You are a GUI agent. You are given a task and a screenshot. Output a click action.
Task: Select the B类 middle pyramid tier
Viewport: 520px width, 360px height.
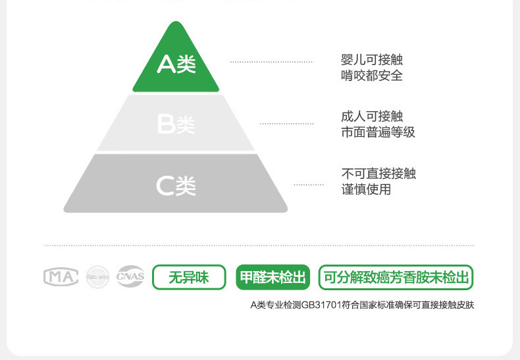pyautogui.click(x=176, y=124)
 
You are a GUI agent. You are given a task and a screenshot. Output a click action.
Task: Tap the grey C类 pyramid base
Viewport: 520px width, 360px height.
pyautogui.click(x=176, y=185)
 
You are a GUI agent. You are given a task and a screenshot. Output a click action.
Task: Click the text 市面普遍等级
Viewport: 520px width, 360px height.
pyautogui.click(x=378, y=132)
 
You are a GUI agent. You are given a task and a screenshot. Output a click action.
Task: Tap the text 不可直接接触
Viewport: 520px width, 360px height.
pyautogui.click(x=378, y=174)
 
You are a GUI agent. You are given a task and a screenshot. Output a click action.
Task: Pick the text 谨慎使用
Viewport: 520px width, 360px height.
pyautogui.click(x=366, y=190)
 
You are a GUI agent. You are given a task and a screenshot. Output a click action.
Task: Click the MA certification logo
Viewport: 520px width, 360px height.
pyautogui.click(x=61, y=277)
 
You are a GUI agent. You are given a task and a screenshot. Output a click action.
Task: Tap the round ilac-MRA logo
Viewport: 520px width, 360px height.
pyautogui.click(x=97, y=277)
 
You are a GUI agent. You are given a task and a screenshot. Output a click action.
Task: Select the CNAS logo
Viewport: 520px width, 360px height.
pyautogui.click(x=130, y=277)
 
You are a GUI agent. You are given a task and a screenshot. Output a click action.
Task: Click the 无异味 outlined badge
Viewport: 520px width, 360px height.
pyautogui.click(x=189, y=278)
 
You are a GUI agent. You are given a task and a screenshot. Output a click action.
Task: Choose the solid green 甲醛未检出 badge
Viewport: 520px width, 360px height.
pyautogui.click(x=273, y=278)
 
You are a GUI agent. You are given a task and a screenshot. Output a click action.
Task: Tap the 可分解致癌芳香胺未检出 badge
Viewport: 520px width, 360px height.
pyautogui.click(x=396, y=278)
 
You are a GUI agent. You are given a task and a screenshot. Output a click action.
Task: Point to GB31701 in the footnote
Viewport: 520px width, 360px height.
pyautogui.click(x=319, y=306)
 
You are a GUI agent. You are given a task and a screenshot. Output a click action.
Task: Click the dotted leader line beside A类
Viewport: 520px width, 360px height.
pyautogui.click(x=271, y=62)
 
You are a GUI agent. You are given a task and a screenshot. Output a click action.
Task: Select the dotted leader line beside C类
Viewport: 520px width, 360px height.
pyautogui.click(x=308, y=185)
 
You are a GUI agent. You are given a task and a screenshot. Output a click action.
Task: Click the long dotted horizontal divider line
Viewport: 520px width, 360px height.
pyautogui.click(x=259, y=245)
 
